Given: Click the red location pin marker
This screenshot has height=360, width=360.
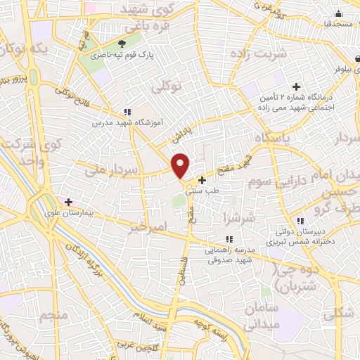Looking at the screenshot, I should [181, 165].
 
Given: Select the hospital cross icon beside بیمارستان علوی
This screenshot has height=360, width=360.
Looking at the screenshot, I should [68, 200].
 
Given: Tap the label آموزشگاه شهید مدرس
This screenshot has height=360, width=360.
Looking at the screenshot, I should [127, 122].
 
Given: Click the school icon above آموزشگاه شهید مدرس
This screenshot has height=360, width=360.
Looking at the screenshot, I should [127, 111].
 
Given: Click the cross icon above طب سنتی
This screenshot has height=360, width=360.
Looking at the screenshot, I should [202, 180].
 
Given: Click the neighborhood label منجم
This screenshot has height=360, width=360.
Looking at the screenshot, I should [53, 316].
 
